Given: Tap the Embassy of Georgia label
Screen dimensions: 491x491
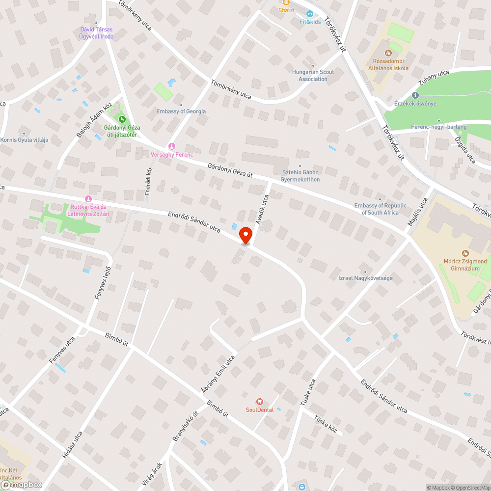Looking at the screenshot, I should (x=181, y=111).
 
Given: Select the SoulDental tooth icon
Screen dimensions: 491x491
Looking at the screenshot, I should (x=260, y=402).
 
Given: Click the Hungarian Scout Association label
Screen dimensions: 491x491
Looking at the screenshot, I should (x=313, y=76).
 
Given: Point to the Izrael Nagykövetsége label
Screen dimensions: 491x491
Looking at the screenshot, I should (x=365, y=278).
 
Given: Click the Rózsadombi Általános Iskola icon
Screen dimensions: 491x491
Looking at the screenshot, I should (x=388, y=53).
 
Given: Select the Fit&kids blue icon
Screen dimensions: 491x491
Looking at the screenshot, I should (x=310, y=13).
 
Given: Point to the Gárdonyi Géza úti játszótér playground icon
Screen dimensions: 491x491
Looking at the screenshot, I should (x=121, y=118).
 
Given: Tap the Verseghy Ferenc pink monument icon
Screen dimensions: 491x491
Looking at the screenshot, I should (x=171, y=146).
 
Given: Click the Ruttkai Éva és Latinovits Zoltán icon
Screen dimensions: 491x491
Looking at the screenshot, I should (x=89, y=198).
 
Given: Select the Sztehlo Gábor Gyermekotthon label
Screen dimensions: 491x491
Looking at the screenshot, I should (x=300, y=176).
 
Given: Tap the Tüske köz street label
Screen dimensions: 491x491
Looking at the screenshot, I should (x=326, y=423).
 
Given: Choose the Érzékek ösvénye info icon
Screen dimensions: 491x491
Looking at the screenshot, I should (x=415, y=95).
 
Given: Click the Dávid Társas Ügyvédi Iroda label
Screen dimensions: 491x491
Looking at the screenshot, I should (x=96, y=33).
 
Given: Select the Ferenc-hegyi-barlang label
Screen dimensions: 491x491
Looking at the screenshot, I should (x=438, y=127).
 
